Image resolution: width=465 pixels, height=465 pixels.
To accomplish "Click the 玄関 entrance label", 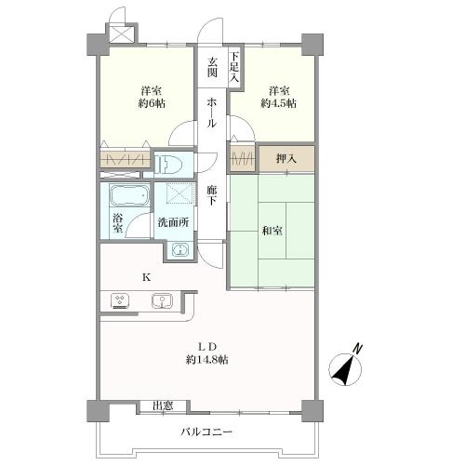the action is click(212, 68).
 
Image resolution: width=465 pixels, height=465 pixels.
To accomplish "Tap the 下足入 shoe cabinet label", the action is click(234, 67).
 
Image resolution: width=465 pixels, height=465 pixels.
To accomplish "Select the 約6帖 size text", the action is click(152, 103).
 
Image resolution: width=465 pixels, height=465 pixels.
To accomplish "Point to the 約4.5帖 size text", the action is click(278, 103).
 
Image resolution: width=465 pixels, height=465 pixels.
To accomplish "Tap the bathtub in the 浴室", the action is click(129, 195).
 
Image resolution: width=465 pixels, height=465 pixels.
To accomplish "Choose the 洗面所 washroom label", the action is click(173, 222).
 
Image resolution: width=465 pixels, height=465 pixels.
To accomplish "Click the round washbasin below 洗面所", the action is click(179, 250).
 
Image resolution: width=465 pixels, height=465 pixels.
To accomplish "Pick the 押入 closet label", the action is click(286, 159).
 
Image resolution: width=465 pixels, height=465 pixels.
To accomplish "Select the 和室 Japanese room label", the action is click(272, 231).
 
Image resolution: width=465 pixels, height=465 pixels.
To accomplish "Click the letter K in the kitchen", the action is click(146, 277).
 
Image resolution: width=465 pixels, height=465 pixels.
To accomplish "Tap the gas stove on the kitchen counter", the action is click(120, 301).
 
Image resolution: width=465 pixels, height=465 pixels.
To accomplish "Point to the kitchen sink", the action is click(162, 301).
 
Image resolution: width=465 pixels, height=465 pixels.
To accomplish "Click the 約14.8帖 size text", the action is click(207, 360).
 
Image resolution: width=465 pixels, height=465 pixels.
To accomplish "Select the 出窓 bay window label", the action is click(163, 406).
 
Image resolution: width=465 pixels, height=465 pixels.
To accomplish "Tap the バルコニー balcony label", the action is click(206, 432).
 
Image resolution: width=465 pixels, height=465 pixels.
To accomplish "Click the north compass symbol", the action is click(346, 366).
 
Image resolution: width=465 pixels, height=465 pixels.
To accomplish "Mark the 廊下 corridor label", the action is click(212, 195).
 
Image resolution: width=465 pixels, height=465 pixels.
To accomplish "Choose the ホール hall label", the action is click(212, 113).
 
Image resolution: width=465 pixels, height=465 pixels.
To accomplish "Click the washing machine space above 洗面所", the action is click(180, 193).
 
